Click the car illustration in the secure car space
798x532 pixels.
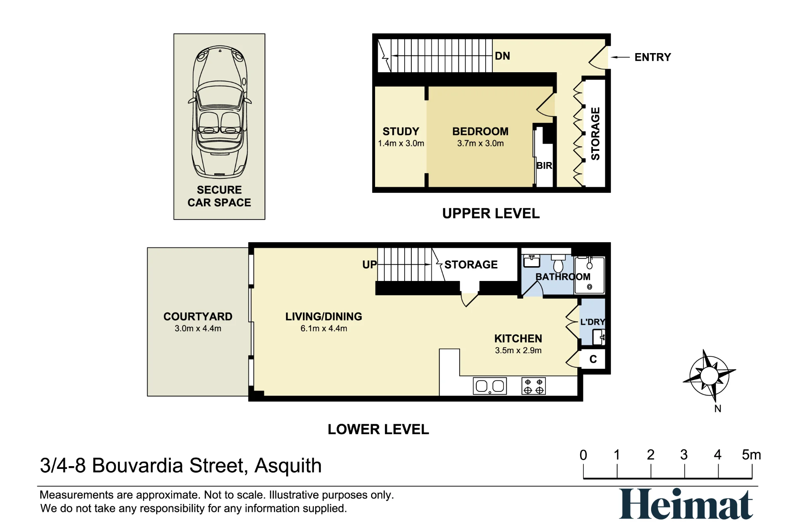click(x=219, y=112)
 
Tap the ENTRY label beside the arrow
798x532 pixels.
click(x=653, y=57)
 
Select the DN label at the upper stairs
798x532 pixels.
click(x=502, y=56)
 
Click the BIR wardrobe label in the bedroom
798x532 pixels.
click(x=544, y=166)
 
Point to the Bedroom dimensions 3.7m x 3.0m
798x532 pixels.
click(x=480, y=143)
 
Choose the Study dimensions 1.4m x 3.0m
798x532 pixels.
click(x=401, y=143)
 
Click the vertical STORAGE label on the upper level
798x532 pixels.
click(x=595, y=134)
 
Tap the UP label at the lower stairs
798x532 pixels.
click(x=369, y=264)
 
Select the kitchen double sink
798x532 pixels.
click(x=490, y=386)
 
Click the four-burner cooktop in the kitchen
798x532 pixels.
click(x=533, y=386)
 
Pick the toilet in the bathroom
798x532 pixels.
click(x=559, y=263)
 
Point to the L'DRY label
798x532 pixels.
click(x=593, y=322)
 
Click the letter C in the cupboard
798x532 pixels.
click(x=593, y=359)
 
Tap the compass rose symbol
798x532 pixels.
click(x=709, y=376)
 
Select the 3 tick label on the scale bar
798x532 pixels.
click(x=684, y=455)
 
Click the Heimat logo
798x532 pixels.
click(x=686, y=504)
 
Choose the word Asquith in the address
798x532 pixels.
click(x=288, y=466)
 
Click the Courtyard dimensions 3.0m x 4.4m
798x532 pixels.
click(x=198, y=328)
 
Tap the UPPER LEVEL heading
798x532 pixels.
click(x=491, y=214)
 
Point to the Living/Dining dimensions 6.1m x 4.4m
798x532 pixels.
click(x=324, y=328)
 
